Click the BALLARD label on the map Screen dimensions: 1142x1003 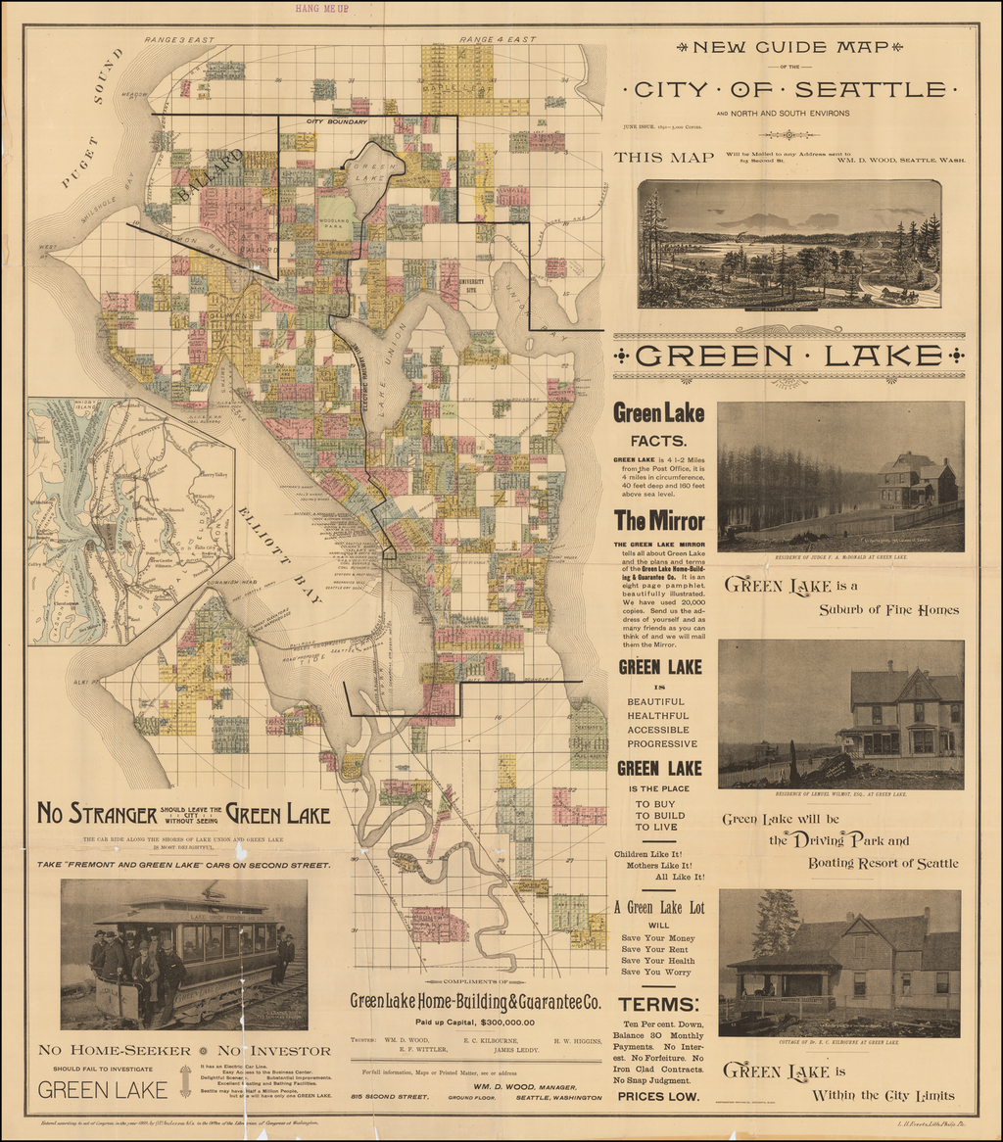tap(210, 176)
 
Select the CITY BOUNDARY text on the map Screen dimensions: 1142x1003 tap(336, 121)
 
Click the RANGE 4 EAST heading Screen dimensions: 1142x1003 tap(498, 39)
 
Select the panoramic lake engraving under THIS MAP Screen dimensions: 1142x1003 tap(788, 244)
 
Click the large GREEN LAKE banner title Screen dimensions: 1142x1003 tap(788, 356)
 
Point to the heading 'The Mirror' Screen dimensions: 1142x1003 tap(659, 520)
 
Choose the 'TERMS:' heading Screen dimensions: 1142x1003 tap(659, 1004)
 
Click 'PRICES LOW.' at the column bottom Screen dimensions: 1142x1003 tap(659, 1096)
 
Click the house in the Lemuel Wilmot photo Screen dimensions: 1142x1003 tap(901, 713)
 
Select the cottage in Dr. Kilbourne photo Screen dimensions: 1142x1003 tap(852, 965)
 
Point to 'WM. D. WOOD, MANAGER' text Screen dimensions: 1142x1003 tap(524, 1086)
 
